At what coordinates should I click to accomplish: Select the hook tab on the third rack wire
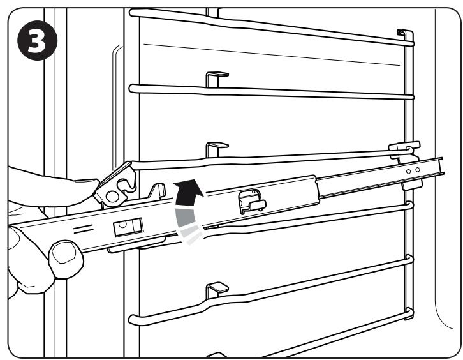tap(214, 149)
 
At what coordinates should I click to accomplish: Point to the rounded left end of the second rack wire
tap(132, 86)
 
